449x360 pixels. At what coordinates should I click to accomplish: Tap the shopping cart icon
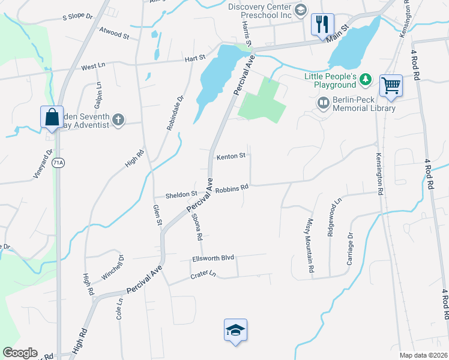pyautogui.click(x=391, y=85)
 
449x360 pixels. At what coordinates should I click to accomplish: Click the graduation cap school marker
pyautogui.click(x=236, y=330)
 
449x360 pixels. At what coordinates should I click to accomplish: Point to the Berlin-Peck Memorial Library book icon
pyautogui.click(x=324, y=104)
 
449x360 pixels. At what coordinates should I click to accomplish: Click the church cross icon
pyautogui.click(x=119, y=120)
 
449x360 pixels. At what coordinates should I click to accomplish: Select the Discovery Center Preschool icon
pyautogui.click(x=301, y=9)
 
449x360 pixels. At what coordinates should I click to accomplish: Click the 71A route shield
pyautogui.click(x=58, y=163)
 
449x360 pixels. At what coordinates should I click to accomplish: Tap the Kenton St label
pyautogui.click(x=232, y=156)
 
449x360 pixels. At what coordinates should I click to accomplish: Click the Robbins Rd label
pyautogui.click(x=232, y=188)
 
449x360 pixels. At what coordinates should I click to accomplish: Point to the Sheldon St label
pyautogui.click(x=181, y=194)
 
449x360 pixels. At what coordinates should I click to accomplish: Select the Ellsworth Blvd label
pyautogui.click(x=212, y=258)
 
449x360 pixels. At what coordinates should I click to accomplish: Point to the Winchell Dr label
pyautogui.click(x=113, y=267)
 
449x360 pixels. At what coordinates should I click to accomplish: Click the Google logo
pyautogui.click(x=20, y=353)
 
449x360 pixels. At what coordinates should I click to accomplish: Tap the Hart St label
pyautogui.click(x=196, y=58)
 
